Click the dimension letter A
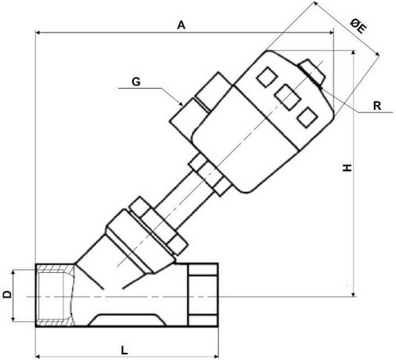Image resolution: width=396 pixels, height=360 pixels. [x=181, y=25]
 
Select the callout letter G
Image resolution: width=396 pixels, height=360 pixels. [x=136, y=82]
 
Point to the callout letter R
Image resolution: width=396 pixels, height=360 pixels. [x=377, y=106]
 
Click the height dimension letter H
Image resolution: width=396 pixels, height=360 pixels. [x=347, y=168]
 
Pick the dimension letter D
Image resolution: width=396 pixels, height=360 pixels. [x=7, y=294]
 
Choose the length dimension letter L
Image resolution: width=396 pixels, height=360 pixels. [x=124, y=351]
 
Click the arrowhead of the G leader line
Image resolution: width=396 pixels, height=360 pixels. [x=181, y=104]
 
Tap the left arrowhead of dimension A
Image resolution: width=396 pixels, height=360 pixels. [x=38, y=32]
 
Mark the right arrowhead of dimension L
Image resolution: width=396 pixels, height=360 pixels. [x=215, y=357]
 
